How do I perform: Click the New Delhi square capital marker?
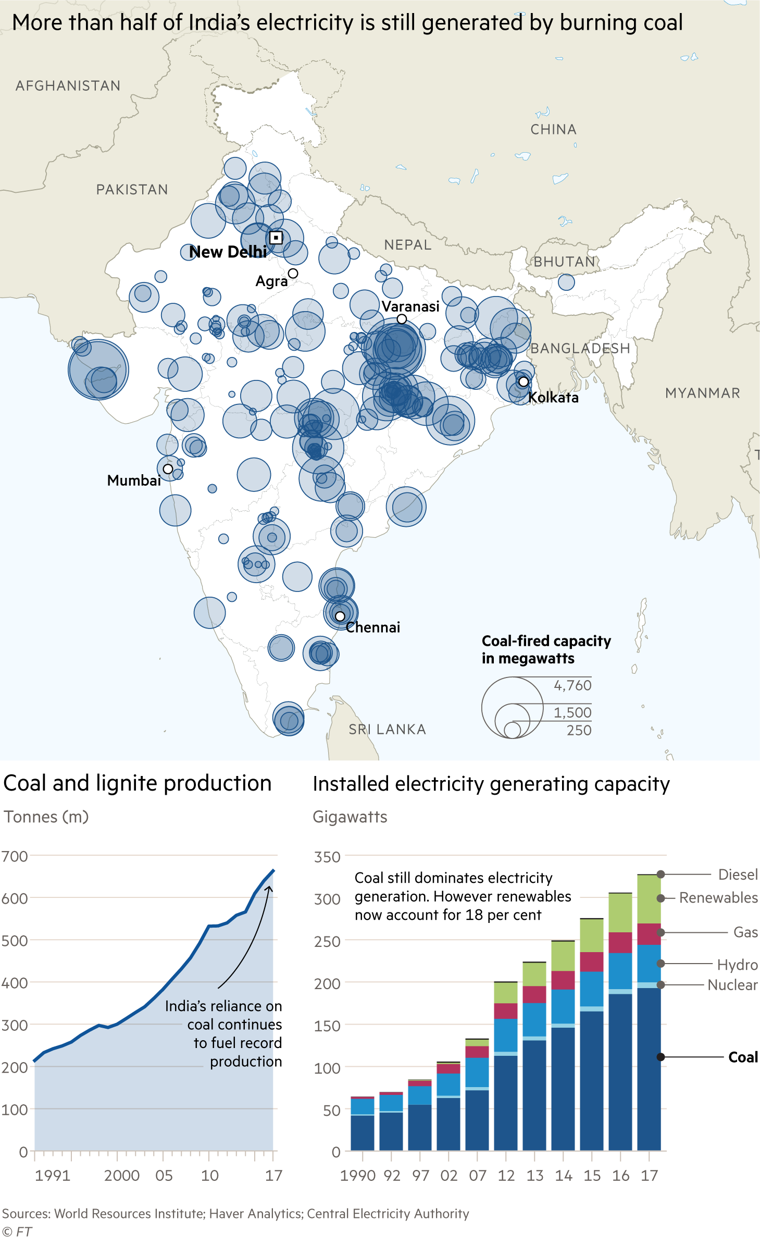click(x=276, y=238)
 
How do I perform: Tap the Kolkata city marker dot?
click(x=524, y=382)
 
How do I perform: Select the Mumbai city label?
click(x=134, y=480)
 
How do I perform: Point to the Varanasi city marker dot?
click(x=402, y=319)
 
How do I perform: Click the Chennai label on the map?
click(x=373, y=627)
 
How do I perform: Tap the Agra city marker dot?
click(x=293, y=274)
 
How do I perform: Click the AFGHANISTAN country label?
click(x=68, y=86)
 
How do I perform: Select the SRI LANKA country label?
click(x=387, y=730)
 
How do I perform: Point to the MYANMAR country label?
click(x=702, y=393)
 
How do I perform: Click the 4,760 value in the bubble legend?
click(x=572, y=685)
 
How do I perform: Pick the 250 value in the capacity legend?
click(x=579, y=731)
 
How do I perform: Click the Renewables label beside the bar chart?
click(x=718, y=898)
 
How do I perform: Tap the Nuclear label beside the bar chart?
click(x=732, y=985)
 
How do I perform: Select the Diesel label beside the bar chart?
click(x=738, y=874)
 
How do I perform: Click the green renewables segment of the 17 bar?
click(x=649, y=899)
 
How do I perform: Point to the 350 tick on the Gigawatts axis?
click(x=327, y=857)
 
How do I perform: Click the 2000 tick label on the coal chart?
click(x=121, y=1176)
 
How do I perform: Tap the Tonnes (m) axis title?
click(x=46, y=817)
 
